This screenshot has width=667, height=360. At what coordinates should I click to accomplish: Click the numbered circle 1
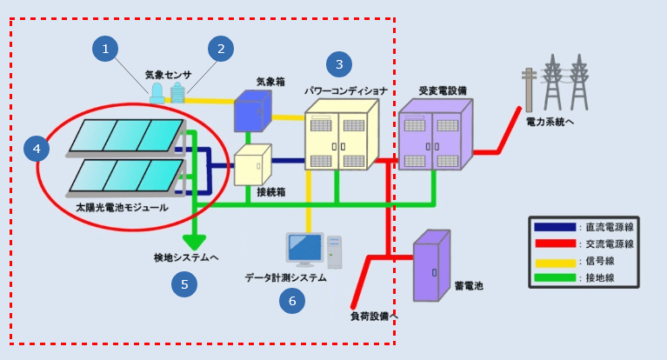pyautogui.click(x=105, y=49)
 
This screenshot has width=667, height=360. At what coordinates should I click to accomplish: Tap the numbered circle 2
pyautogui.click(x=221, y=49)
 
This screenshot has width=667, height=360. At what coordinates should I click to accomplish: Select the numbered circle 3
pyautogui.click(x=339, y=63)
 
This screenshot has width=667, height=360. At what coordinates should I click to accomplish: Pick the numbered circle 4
pyautogui.click(x=37, y=149)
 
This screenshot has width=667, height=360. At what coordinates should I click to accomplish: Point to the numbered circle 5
pyautogui.click(x=183, y=283)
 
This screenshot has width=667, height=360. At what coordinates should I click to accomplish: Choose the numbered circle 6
pyautogui.click(x=292, y=301)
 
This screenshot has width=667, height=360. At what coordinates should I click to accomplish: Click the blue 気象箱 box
pyautogui.click(x=250, y=114)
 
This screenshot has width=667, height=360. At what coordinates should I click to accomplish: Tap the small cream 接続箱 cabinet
pyautogui.click(x=252, y=163)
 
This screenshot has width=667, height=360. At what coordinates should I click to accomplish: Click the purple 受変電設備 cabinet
pyautogui.click(x=434, y=136)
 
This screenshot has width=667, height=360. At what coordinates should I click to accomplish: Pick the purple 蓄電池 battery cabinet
pyautogui.click(x=431, y=266)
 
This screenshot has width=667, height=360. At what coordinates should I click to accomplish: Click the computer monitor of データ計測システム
pyautogui.click(x=305, y=249)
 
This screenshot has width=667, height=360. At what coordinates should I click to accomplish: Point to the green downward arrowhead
pyautogui.click(x=194, y=243)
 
